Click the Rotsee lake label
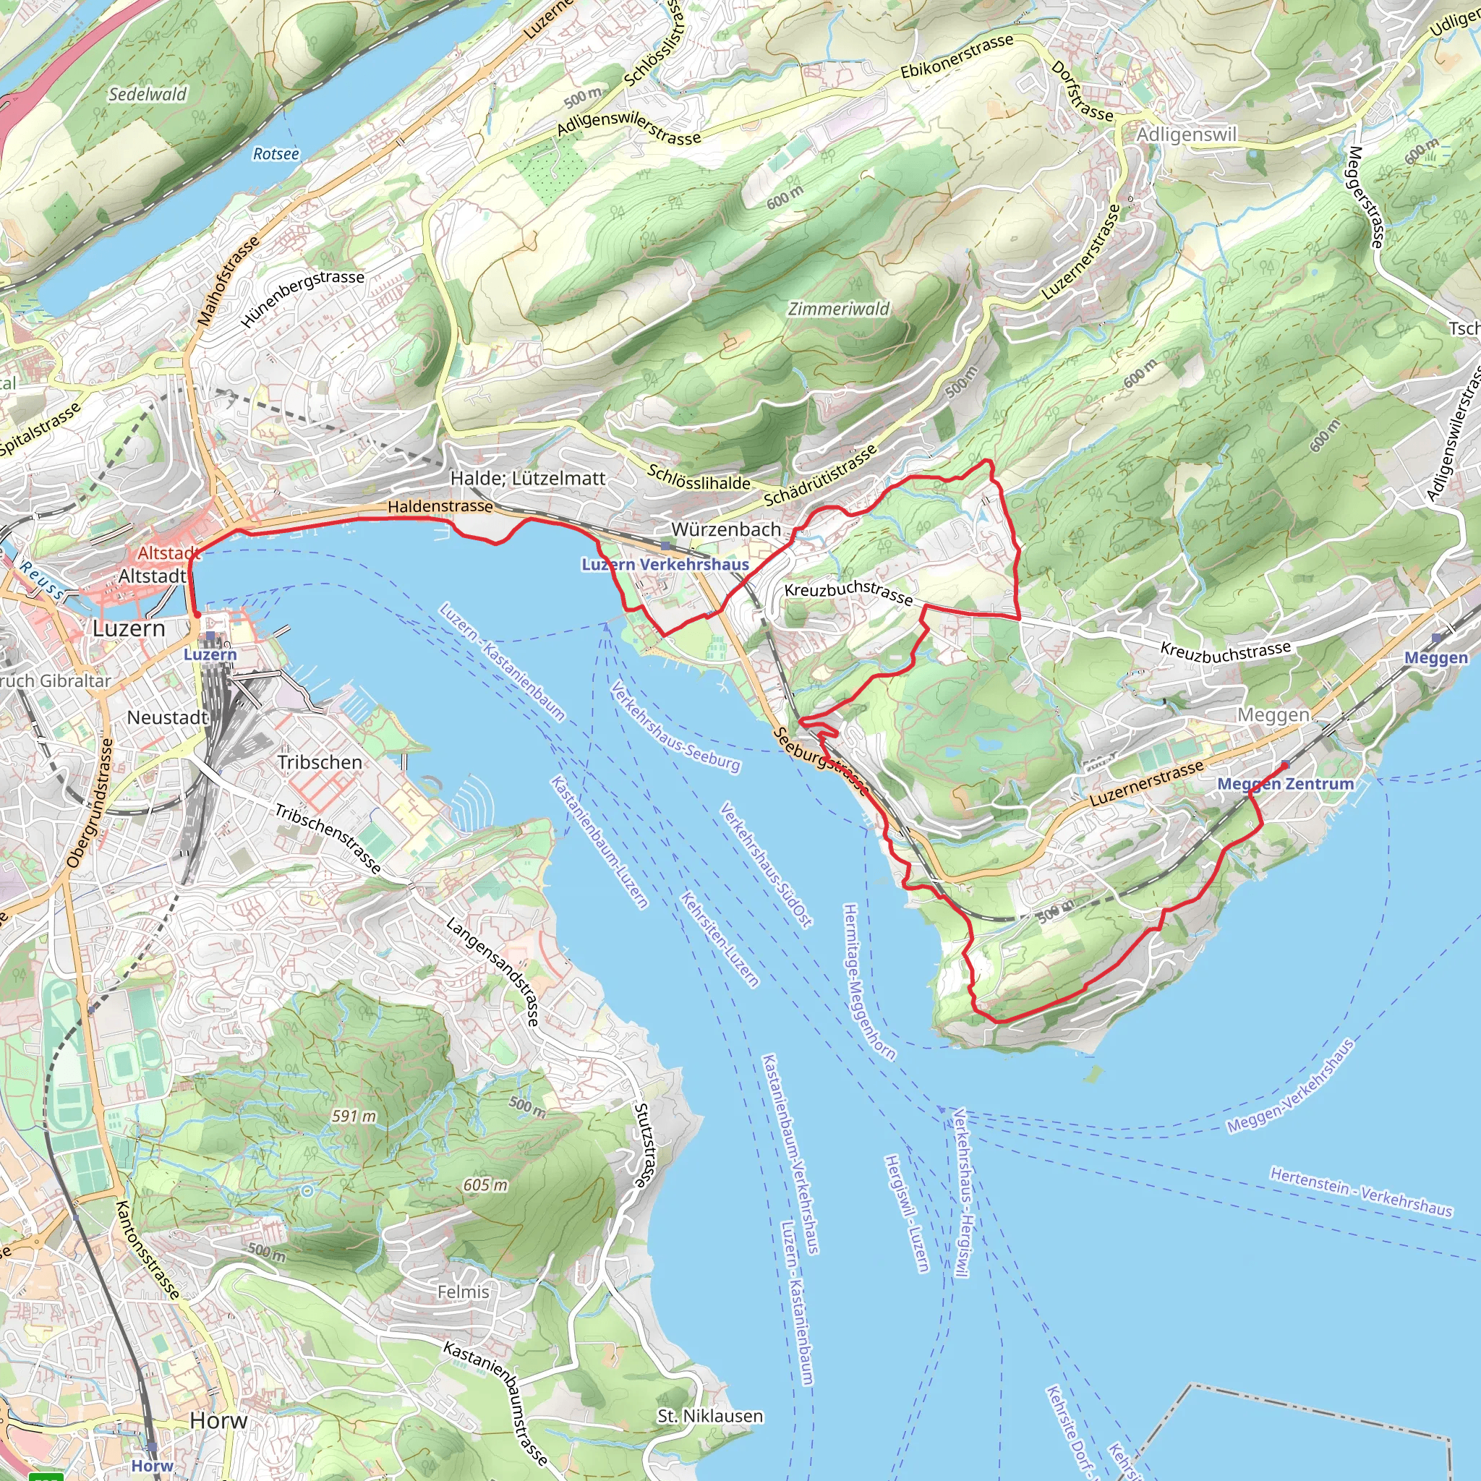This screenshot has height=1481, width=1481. click(276, 154)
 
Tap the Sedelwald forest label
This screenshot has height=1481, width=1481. click(148, 94)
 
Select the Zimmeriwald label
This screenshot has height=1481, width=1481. click(839, 309)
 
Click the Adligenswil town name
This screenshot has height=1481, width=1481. click(1187, 135)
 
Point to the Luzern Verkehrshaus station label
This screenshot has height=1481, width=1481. click(665, 565)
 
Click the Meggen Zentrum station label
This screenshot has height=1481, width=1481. click(1285, 783)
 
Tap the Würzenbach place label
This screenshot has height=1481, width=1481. click(726, 529)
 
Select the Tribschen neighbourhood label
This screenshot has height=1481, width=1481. click(320, 762)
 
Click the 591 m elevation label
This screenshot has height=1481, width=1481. click(354, 1115)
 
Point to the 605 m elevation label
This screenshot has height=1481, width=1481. click(485, 1185)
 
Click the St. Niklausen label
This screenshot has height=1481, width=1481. click(710, 1416)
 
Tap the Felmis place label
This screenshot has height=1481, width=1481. click(463, 1292)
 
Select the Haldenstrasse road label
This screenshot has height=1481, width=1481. click(440, 506)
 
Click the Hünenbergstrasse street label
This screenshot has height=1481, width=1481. click(303, 298)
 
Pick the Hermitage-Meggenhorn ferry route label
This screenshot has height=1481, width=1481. click(868, 982)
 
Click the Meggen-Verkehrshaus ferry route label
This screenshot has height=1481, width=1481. click(1290, 1086)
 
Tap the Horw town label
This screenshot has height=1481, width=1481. click(218, 1420)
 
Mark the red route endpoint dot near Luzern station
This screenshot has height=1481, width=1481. click(197, 614)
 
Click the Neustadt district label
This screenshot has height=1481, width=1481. click(167, 717)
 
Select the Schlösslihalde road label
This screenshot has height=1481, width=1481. click(699, 477)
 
